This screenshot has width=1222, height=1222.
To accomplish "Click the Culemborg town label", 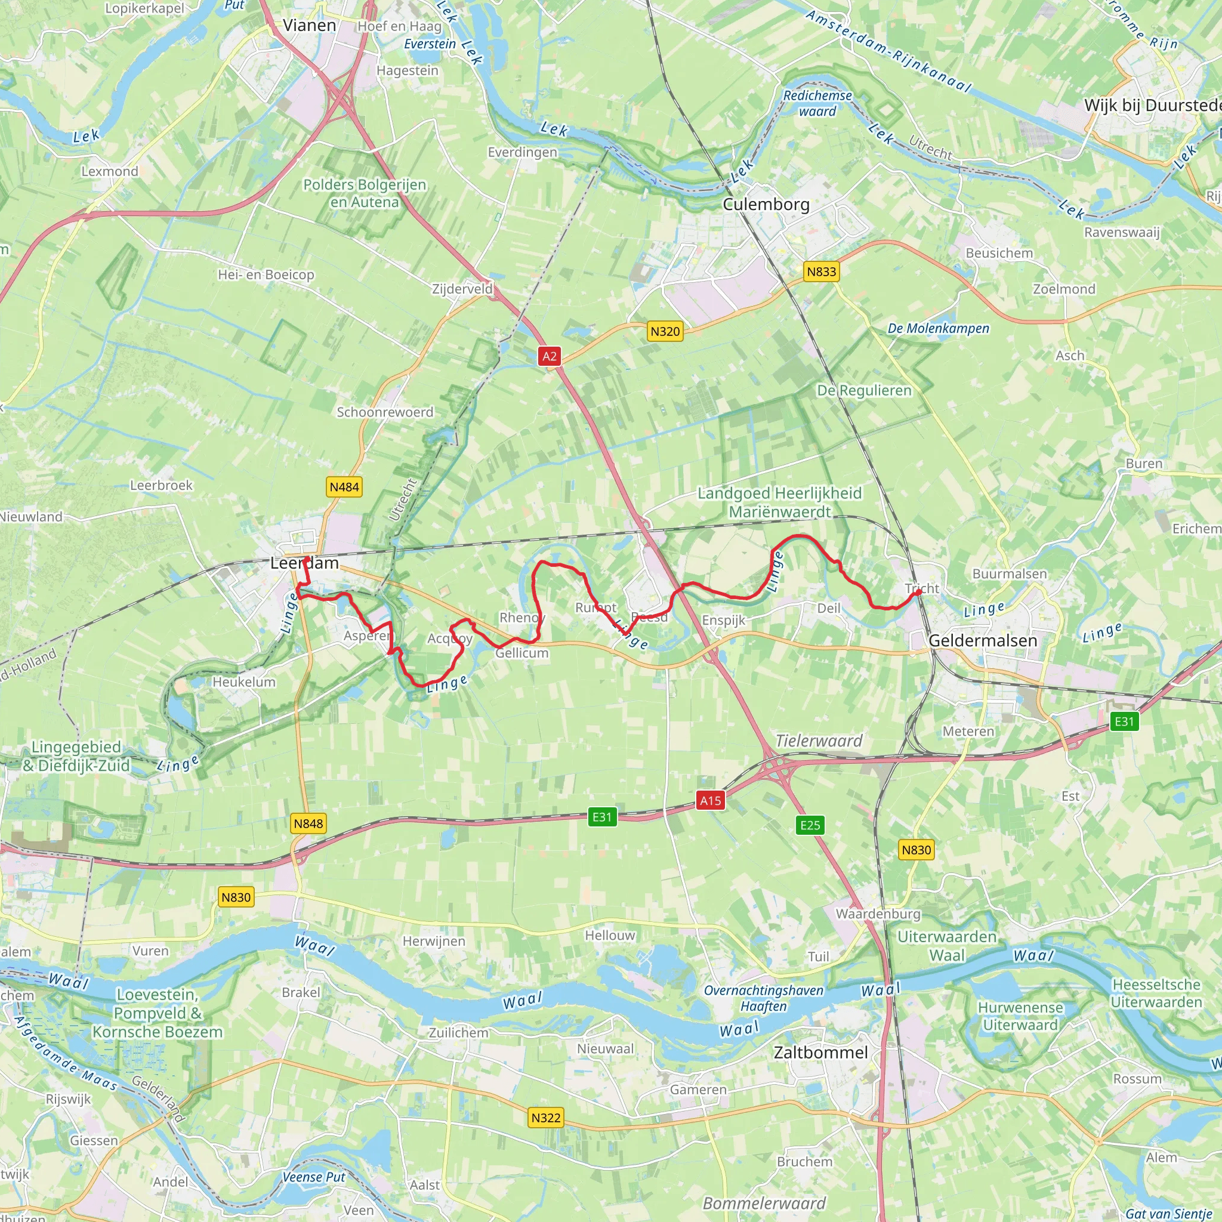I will tap(766, 204).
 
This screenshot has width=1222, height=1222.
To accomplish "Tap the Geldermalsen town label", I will tap(983, 640).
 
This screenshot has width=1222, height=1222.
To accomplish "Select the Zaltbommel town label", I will tap(820, 1053).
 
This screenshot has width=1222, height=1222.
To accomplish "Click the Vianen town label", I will tap(309, 25).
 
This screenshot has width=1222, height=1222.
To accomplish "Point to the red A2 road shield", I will tap(549, 356).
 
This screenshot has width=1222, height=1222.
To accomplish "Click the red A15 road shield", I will tap(709, 801).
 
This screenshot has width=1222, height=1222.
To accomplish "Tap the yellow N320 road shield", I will tap(665, 331).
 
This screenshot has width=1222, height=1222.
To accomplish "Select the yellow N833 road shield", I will tap(821, 272).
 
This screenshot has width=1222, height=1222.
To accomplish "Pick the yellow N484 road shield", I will tap(344, 487).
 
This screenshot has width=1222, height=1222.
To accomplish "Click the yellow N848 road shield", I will tap(308, 823).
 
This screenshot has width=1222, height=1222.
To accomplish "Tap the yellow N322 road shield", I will tap(545, 1118).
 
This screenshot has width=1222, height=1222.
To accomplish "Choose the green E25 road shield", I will tap(810, 825).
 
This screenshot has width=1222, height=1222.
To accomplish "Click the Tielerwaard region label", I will tap(819, 740).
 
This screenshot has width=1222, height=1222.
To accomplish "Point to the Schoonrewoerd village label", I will tap(385, 412).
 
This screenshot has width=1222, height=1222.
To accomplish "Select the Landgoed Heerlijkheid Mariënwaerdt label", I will tap(779, 502).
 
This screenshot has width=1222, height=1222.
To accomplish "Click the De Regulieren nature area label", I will tap(864, 390).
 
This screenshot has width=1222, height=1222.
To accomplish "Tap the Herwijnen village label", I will tap(434, 941).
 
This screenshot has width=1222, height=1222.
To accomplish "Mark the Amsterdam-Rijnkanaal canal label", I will tap(888, 51).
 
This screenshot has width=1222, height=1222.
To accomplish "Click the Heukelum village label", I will tap(243, 682).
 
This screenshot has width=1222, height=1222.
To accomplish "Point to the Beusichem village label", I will tap(999, 253).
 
